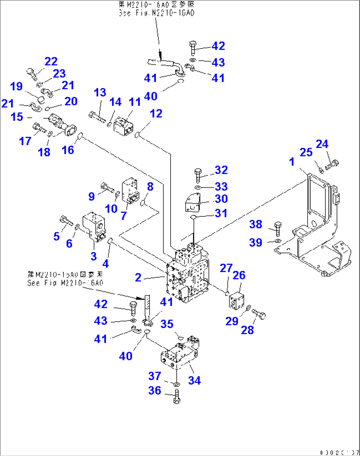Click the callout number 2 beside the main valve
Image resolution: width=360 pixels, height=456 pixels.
[x=138, y=277]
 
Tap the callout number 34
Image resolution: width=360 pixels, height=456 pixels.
[x=194, y=380]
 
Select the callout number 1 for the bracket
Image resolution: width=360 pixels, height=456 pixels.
[x=292, y=162]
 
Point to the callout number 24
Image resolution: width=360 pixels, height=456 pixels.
[x=322, y=144]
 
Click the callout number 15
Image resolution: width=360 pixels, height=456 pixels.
[x=17, y=117]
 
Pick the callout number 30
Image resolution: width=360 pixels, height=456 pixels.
[x=221, y=199]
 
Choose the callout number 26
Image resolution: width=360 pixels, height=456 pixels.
[x=239, y=275]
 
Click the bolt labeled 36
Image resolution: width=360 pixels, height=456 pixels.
[x=177, y=396]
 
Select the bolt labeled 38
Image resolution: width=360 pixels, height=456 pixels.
[x=278, y=228]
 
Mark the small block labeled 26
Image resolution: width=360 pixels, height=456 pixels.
[x=236, y=301]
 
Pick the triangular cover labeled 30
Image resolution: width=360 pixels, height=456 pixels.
[x=193, y=202]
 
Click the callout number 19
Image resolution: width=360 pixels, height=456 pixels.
[x=17, y=86]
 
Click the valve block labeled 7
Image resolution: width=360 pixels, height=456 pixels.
[x=130, y=191]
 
